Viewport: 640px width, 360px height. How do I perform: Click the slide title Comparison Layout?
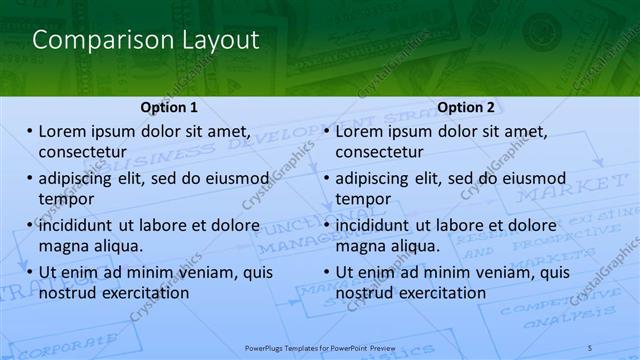(146, 40)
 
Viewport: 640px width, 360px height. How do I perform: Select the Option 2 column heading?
(466, 107)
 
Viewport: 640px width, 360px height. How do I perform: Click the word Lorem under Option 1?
(63, 131)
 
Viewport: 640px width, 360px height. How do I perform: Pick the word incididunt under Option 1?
(84, 225)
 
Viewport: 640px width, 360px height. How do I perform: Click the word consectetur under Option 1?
(82, 152)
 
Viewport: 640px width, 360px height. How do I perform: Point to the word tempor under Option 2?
(363, 200)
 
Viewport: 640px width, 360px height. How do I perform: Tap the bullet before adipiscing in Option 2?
(326, 179)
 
